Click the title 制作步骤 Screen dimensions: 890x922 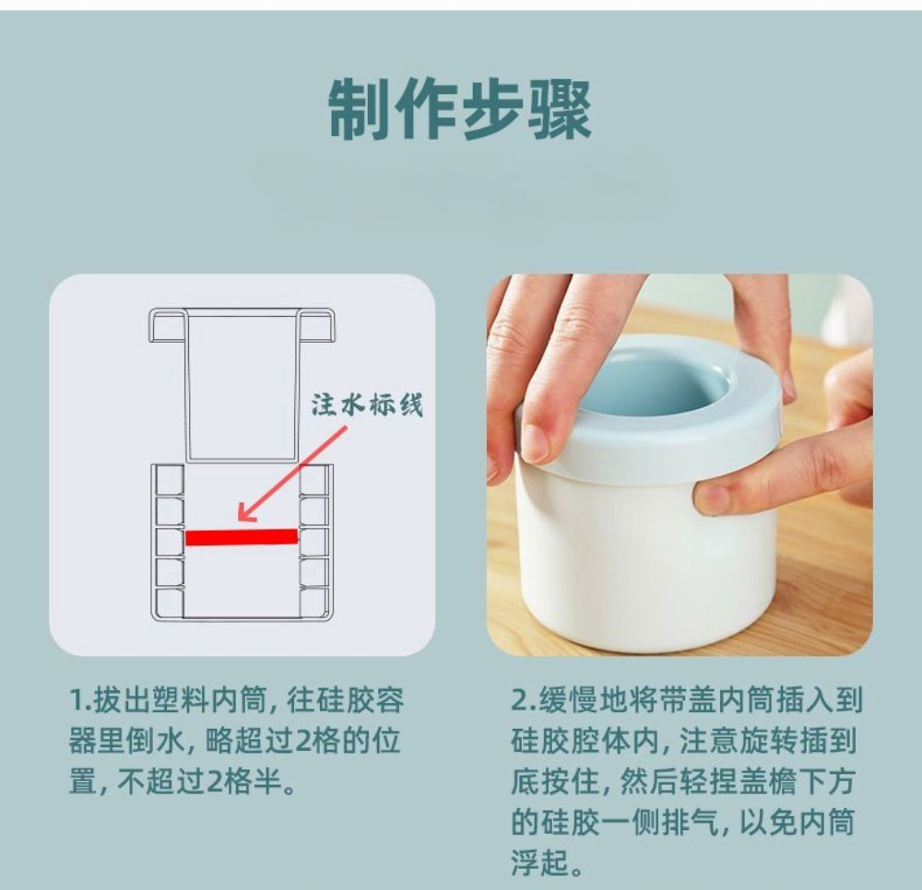click(460, 110)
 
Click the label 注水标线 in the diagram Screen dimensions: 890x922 click(367, 405)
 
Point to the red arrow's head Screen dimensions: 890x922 click(242, 517)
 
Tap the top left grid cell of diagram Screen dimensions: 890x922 click(170, 479)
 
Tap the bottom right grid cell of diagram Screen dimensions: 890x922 click(314, 603)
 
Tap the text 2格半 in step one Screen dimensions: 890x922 click(242, 784)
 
